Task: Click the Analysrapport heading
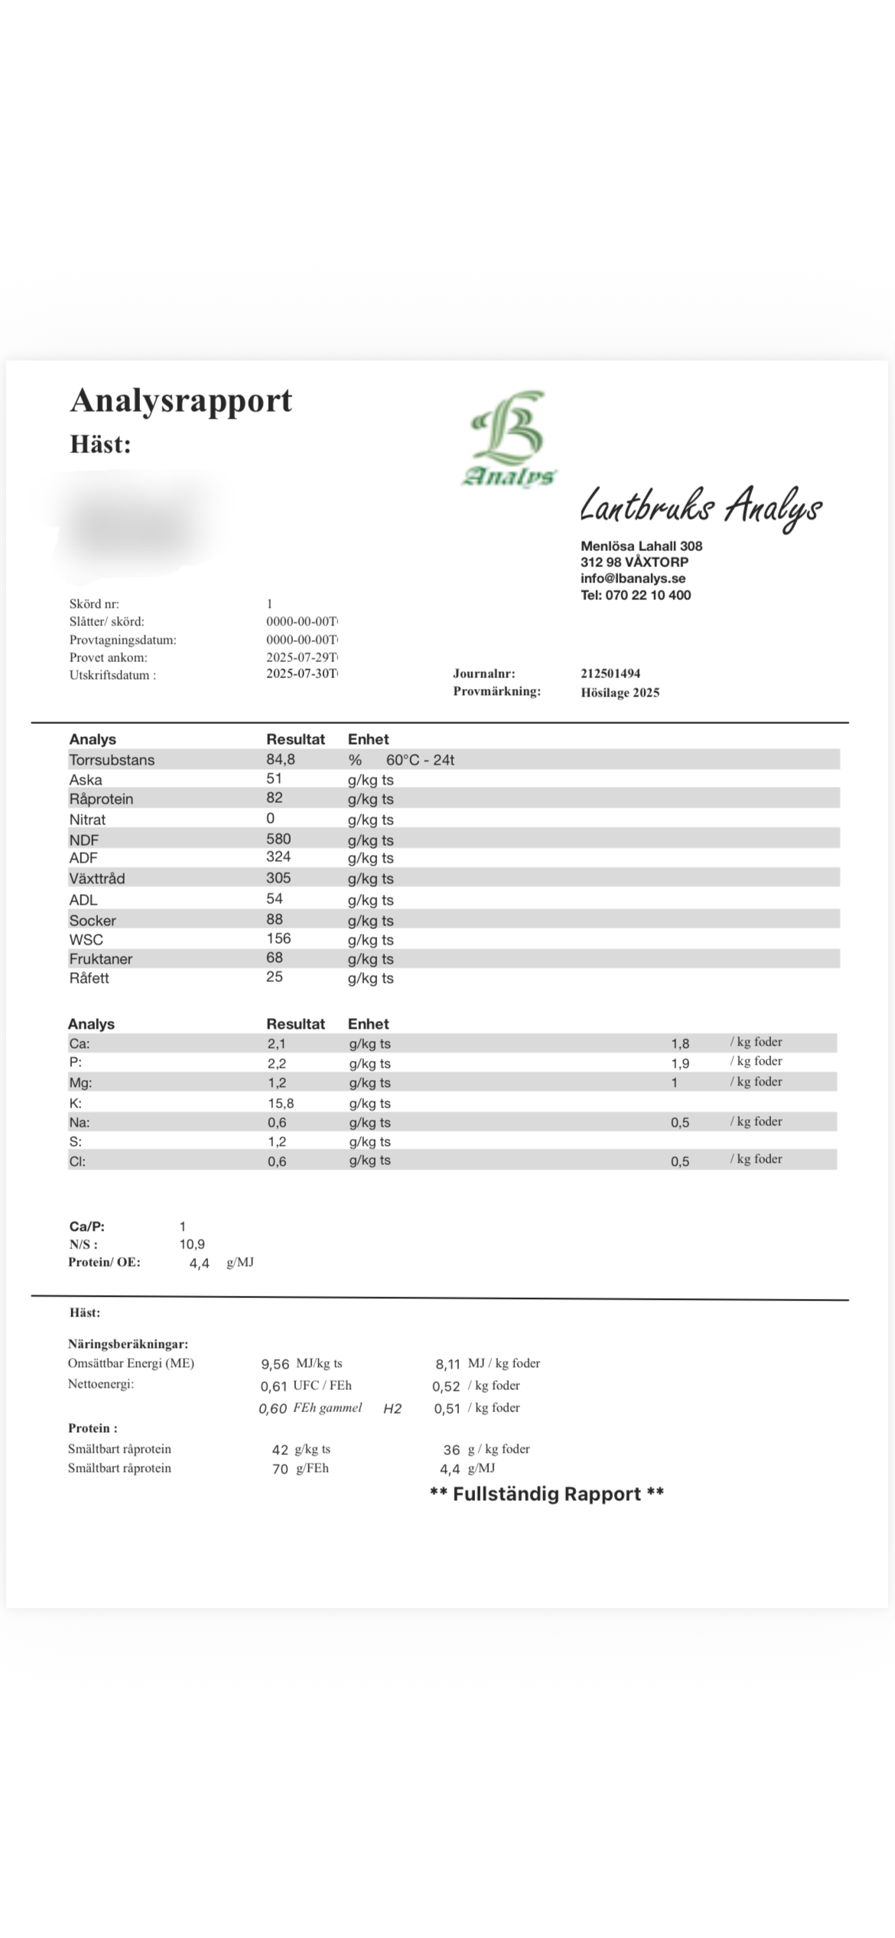pos(181,400)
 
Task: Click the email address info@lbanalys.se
pos(633,579)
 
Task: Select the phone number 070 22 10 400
pos(647,595)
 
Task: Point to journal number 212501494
pos(610,674)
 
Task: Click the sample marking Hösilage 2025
pos(620,693)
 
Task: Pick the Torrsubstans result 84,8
pos(281,759)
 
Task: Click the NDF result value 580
pos(278,839)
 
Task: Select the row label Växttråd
pos(97,879)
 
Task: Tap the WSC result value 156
pos(278,938)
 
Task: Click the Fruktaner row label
pos(101,959)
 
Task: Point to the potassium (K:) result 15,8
pos(280,1103)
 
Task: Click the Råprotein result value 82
pos(275,798)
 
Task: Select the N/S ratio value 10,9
pos(192,1245)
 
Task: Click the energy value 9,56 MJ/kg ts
pos(275,1364)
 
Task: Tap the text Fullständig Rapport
pos(547,1493)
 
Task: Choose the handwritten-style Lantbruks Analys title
pos(701,507)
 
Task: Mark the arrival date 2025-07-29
pos(301,657)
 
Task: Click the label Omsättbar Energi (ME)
pos(131,1363)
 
